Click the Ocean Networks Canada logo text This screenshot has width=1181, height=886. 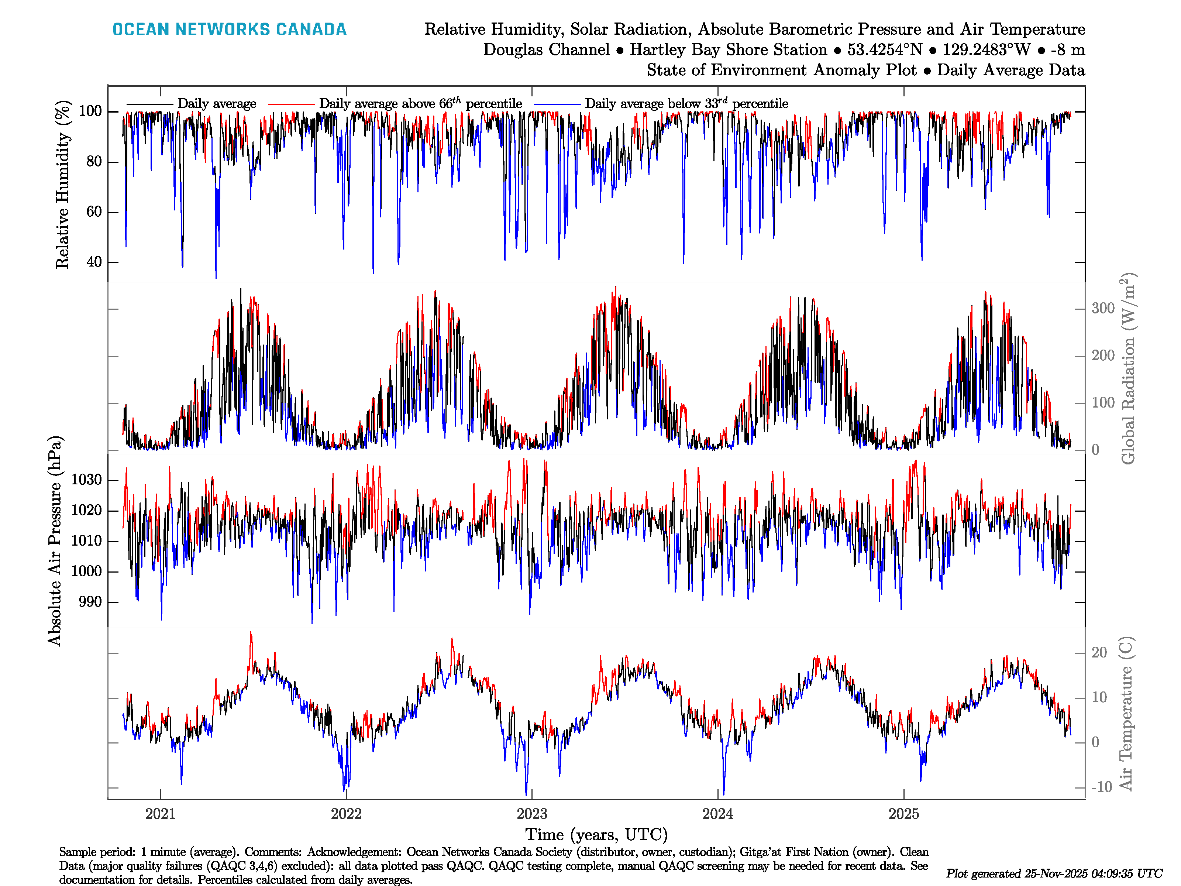229,30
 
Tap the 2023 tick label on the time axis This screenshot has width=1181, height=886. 532,814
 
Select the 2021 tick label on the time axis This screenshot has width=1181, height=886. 160,814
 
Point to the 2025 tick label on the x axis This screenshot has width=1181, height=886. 903,814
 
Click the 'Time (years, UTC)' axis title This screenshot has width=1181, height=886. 596,835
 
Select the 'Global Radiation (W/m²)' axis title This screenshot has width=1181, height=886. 1127,368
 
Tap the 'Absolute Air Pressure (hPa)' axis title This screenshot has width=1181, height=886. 55,541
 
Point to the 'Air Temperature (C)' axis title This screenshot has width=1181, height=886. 1126,713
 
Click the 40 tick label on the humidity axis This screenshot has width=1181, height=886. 94,262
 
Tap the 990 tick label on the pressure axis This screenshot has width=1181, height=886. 90,602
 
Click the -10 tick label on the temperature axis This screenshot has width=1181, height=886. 1101,787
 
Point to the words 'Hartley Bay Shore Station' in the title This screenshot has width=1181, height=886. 728,50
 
